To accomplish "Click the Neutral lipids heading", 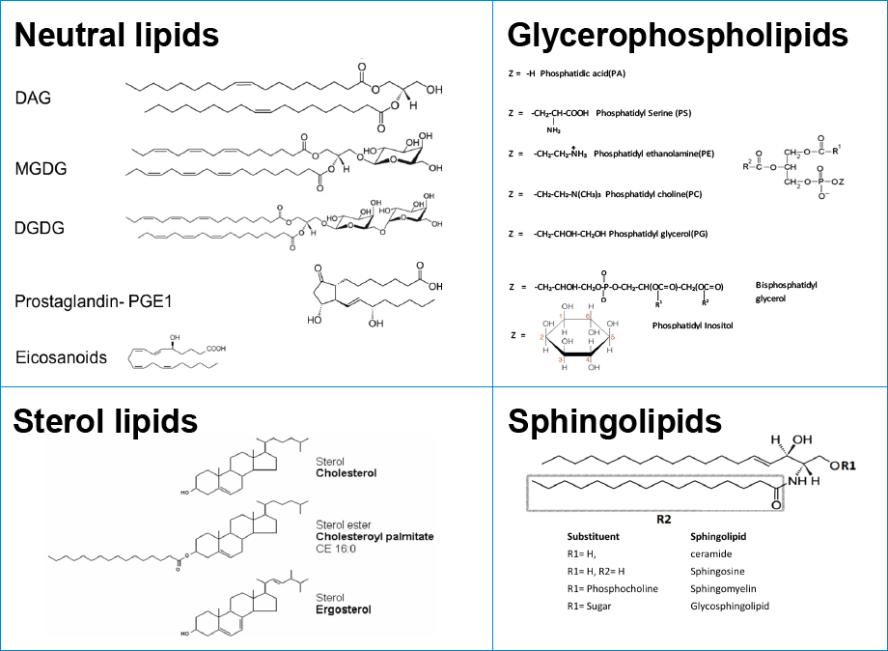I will coord(116,36).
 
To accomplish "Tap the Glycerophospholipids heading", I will coord(678,36).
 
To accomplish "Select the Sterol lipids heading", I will coord(105,421).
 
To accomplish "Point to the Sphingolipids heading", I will coord(615,421).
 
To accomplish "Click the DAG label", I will coord(33,98).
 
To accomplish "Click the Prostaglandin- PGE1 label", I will coord(100,300).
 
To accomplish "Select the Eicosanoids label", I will coord(61,357).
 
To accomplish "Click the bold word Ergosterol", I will coord(344,609).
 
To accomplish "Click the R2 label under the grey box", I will coord(663,519).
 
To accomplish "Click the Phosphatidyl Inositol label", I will coord(692,325).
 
